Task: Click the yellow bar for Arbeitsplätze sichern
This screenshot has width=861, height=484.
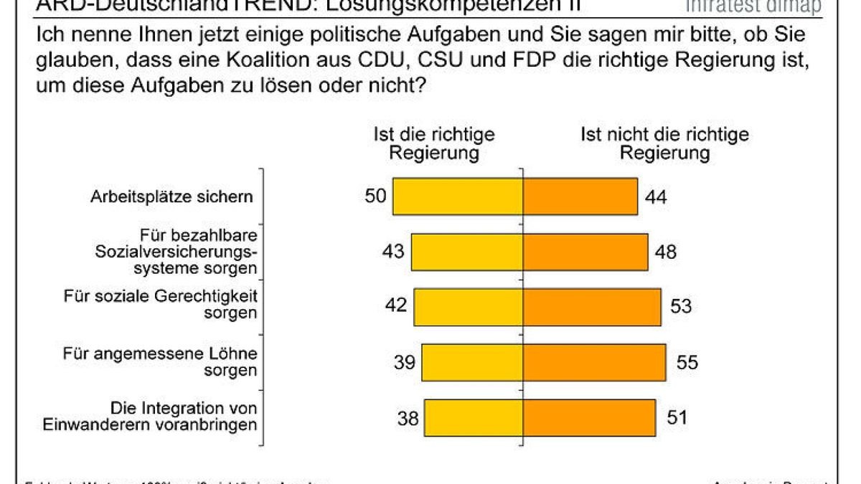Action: [458, 196]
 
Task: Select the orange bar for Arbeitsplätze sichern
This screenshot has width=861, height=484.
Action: [580, 196]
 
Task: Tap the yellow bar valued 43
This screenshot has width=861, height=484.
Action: [466, 252]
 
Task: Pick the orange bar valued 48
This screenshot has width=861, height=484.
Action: [585, 252]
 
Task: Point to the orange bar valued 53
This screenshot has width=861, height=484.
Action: [591, 307]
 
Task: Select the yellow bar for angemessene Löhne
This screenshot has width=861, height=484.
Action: [472, 362]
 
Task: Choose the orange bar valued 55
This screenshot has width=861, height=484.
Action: [594, 362]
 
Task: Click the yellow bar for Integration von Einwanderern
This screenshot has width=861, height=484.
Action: [474, 417]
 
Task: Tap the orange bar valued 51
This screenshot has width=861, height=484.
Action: [589, 417]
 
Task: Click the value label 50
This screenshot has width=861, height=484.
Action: [377, 195]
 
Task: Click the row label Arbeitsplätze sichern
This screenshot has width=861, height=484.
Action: [171, 196]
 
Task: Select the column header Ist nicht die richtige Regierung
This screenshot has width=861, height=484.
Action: [664, 143]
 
